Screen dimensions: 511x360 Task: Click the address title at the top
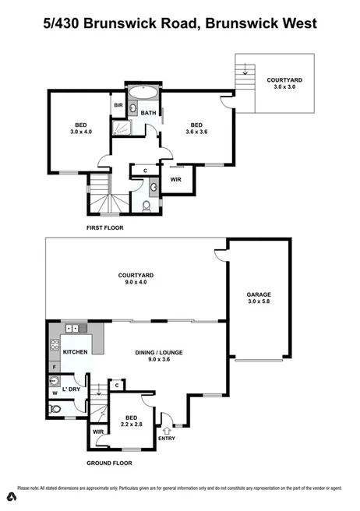tap(180, 23)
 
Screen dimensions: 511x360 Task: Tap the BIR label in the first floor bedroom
tap(119, 105)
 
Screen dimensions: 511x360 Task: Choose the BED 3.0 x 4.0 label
tap(80, 129)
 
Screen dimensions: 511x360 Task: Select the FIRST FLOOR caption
tap(105, 228)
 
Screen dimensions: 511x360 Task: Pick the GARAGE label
tap(259, 298)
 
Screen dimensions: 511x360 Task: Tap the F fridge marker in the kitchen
tap(54, 366)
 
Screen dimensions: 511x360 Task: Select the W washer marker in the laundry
tap(54, 393)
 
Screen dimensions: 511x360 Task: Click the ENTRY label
tap(167, 438)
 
